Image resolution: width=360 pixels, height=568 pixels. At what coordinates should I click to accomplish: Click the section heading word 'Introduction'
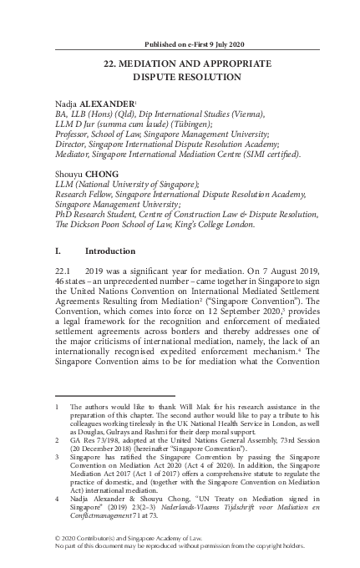pyautogui.click(x=114, y=251)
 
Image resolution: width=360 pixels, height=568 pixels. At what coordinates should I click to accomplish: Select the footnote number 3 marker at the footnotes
pyautogui.click(x=56, y=457)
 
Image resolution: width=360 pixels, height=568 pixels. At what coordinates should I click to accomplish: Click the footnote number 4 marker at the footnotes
pyautogui.click(x=56, y=498)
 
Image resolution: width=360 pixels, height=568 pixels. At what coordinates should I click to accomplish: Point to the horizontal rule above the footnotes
pyautogui.click(x=108, y=396)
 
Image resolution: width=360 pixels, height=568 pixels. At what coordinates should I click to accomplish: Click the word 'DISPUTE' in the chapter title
pyautogui.click(x=160, y=77)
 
